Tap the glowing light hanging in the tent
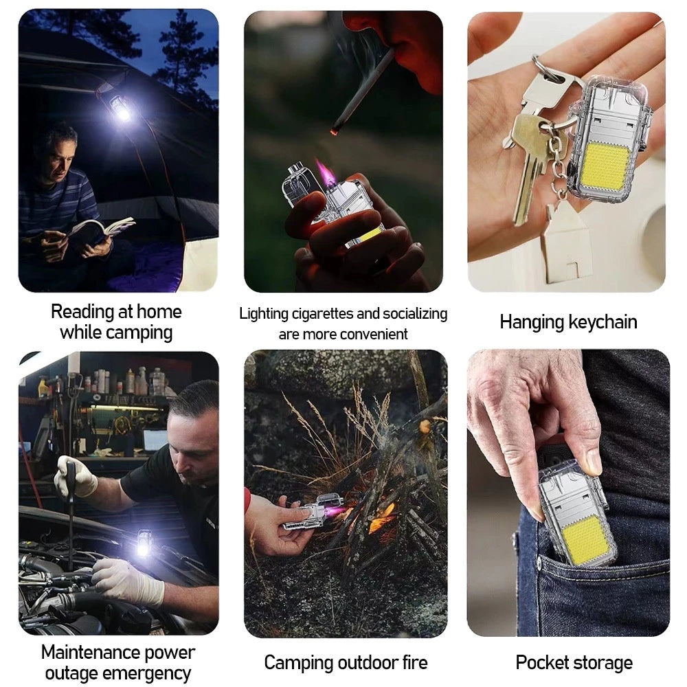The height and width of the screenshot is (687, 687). click(121, 109)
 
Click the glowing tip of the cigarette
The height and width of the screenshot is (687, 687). click(335, 130)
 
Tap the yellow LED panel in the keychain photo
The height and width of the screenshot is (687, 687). click(607, 165)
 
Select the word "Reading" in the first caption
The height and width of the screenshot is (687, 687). click(83, 312)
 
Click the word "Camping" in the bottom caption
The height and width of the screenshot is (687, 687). click(296, 663)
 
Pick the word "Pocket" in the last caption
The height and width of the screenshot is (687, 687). click(543, 662)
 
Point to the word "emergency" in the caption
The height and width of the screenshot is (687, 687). click(148, 673)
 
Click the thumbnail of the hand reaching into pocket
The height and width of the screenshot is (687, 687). click(568, 493)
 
